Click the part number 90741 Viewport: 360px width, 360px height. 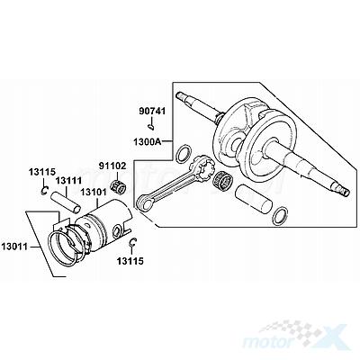[152, 112]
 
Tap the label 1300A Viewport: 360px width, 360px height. [148, 141]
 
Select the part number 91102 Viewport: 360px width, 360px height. [112, 166]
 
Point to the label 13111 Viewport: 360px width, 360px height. [68, 181]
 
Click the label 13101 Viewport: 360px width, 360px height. [93, 192]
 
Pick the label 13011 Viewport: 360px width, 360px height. [14, 247]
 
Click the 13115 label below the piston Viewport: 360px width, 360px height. [130, 261]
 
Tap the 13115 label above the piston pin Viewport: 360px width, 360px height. [42, 172]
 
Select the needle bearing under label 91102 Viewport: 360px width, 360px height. [118, 187]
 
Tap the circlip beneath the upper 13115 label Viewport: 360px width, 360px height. [44, 190]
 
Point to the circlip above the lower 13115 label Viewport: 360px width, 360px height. [133, 243]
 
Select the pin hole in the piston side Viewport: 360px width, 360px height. [116, 231]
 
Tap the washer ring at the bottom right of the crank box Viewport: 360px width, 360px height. [280, 216]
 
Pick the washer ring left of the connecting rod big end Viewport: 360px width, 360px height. [184, 154]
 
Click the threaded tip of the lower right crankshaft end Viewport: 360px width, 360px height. [344, 191]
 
